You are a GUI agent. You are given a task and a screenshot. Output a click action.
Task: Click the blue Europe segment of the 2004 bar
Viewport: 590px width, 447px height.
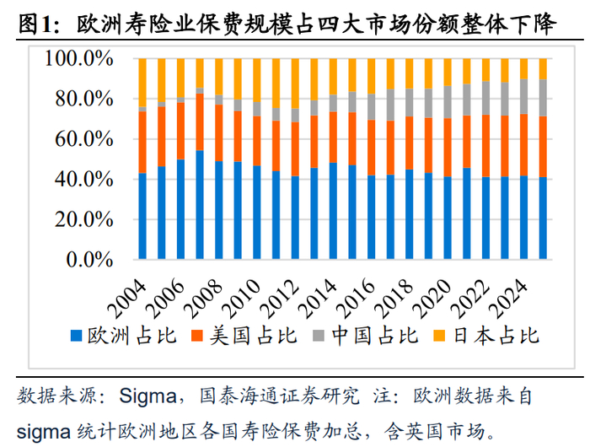(x=142, y=216)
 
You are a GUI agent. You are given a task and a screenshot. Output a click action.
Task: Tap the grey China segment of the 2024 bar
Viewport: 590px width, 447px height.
(x=523, y=96)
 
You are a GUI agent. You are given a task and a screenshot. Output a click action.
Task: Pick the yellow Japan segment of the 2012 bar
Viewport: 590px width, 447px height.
(x=295, y=83)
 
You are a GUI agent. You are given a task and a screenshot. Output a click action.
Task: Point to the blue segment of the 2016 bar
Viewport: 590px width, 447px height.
(x=372, y=218)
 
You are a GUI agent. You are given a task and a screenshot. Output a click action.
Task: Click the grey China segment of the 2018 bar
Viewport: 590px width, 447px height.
(x=410, y=103)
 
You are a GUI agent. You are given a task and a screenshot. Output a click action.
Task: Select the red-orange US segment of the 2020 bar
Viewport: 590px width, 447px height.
(x=448, y=148)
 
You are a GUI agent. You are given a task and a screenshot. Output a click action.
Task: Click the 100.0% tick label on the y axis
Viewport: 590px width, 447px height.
(x=79, y=59)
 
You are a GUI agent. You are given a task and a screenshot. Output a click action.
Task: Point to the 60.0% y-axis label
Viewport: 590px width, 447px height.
(x=84, y=139)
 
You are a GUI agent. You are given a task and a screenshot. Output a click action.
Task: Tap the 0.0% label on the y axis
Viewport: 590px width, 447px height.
(x=89, y=260)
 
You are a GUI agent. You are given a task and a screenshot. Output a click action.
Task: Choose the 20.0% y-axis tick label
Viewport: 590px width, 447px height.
(x=84, y=219)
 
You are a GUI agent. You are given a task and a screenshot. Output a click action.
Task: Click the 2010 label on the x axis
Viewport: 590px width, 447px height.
(x=242, y=299)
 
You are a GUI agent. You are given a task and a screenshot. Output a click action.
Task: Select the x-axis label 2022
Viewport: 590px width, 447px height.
(x=470, y=299)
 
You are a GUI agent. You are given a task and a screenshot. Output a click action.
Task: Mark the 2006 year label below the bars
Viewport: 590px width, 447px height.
(x=165, y=299)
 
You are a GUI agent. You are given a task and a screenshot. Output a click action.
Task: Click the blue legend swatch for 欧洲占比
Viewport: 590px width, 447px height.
(x=77, y=336)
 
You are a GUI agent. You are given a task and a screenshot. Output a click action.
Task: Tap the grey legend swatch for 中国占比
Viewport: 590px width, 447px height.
(x=319, y=336)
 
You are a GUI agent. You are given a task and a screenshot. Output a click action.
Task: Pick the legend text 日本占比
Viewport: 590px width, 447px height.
(x=496, y=336)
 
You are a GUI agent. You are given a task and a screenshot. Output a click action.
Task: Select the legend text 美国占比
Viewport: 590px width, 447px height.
(x=253, y=336)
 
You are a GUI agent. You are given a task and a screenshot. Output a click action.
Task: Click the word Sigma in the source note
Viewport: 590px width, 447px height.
(x=147, y=396)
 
